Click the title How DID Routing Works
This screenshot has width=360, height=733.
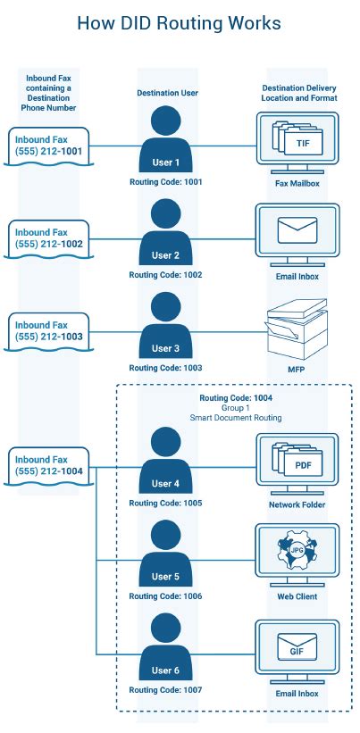[x=180, y=23]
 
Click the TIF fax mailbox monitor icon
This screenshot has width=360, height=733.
[x=297, y=141]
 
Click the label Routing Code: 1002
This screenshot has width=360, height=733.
[x=165, y=275]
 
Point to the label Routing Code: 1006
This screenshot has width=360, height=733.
[x=165, y=596]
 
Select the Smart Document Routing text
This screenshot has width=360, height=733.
[x=236, y=418]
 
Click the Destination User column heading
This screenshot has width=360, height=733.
[x=165, y=93]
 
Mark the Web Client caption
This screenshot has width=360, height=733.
[x=297, y=596]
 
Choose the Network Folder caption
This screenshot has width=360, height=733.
[x=297, y=504]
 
